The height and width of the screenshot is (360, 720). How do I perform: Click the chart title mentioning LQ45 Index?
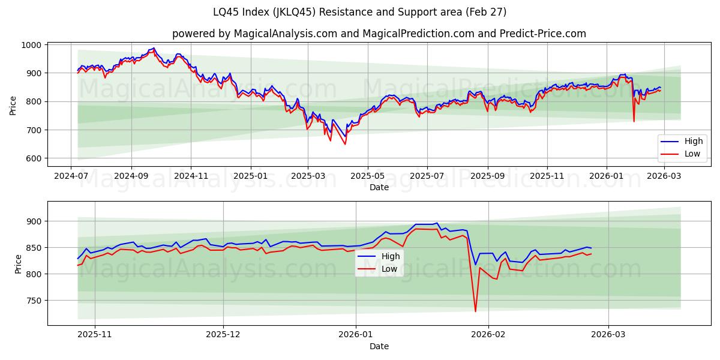tap(359, 12)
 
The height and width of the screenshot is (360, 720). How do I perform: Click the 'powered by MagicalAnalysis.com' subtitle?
tap(359, 34)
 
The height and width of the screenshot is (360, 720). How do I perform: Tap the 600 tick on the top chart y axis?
tap(32, 158)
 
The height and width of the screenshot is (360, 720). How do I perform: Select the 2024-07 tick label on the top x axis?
tap(71, 176)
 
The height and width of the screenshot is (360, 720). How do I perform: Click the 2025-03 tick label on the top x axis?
tap(308, 176)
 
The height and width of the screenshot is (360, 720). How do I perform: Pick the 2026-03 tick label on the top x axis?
tap(664, 176)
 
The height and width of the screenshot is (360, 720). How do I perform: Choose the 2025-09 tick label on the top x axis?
tap(487, 176)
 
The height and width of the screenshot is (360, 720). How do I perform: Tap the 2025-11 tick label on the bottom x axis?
tap(95, 335)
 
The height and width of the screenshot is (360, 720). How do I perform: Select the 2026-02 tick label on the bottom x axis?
tap(488, 335)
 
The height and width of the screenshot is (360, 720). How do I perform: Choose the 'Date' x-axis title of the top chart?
tap(379, 187)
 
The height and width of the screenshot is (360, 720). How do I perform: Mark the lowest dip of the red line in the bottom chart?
tap(475, 311)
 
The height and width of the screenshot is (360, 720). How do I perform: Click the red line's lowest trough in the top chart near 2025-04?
tap(345, 144)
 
